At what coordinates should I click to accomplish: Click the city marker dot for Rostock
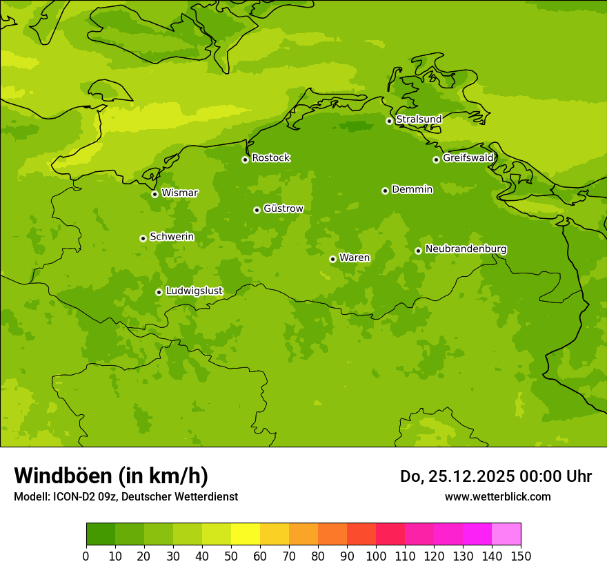pos(245,159)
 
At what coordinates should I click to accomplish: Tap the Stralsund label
pos(419,119)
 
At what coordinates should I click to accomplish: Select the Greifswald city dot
pos(436,159)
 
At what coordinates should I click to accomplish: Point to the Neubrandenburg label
pos(466,249)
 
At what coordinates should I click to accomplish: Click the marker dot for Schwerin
pos(143,238)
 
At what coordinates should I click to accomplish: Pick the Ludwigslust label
pos(194,291)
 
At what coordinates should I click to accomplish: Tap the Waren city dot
pos(332,259)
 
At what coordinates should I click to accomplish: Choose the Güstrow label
pos(283,208)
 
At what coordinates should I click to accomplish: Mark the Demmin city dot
pos(385,191)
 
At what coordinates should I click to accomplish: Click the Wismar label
pos(179,193)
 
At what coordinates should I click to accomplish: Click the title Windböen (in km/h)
pos(111,476)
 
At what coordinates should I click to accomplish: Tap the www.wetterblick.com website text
pos(497,496)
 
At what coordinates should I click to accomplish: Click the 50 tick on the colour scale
pos(231,556)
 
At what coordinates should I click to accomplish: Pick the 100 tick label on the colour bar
pos(376,556)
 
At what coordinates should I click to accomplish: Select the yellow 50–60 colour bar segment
pos(246,534)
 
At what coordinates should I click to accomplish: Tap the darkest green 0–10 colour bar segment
pos(101,534)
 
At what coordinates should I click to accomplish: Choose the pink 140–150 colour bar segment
pos(506,534)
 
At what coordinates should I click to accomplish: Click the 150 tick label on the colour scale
pos(521,556)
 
